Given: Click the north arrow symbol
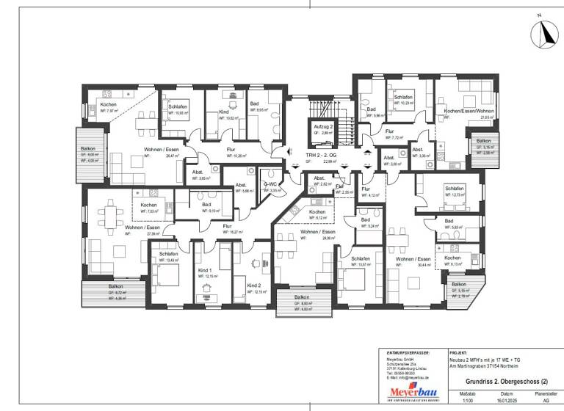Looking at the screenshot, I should pos(544,31).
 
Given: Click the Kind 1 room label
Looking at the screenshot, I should pos(205,271).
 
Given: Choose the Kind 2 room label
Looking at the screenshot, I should pos(253,285).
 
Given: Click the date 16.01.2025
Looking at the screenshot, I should pos(504,400).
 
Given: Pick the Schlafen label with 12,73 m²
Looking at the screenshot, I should pos(454,189).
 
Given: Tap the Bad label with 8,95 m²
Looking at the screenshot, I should pos(254,104).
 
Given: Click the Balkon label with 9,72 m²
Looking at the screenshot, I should pos(115,286).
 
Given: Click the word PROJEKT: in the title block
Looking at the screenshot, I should pos(458,352).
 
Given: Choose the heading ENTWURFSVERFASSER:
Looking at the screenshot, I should pos(408,352).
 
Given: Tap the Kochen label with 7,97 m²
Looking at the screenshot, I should pos(108,105).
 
